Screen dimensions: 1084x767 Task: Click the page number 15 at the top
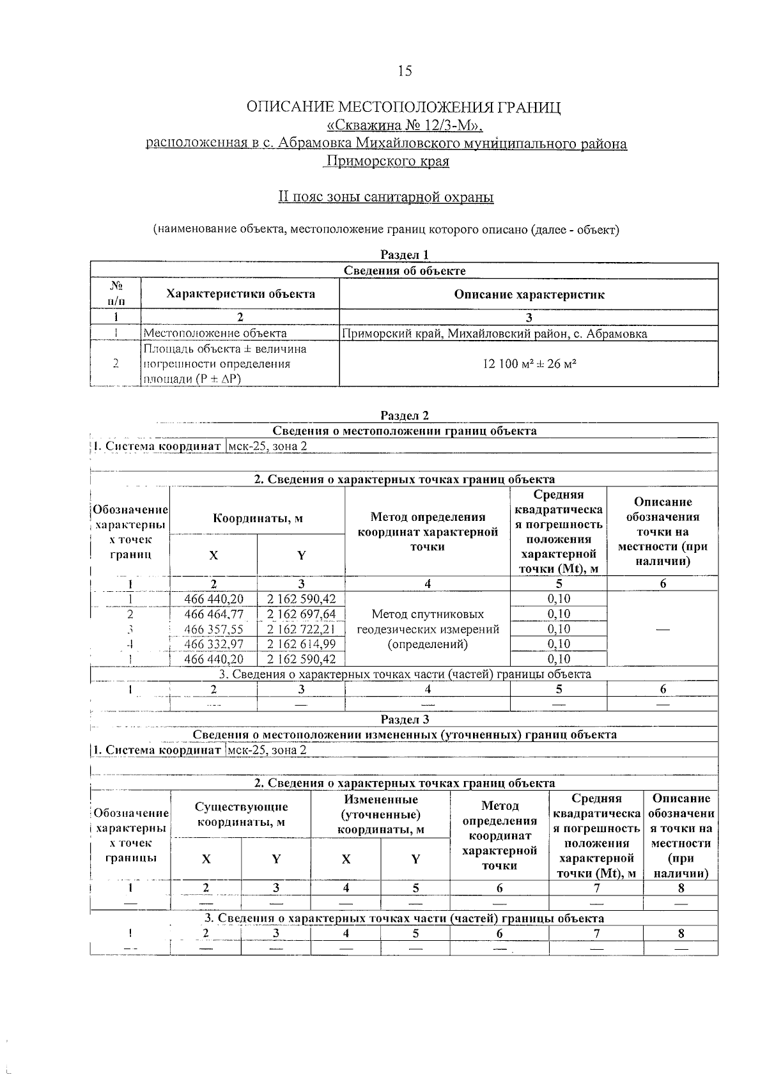click(x=405, y=71)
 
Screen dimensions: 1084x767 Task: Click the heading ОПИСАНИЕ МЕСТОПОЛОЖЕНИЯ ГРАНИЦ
click(x=404, y=107)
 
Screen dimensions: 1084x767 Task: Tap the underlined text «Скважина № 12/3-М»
click(x=404, y=125)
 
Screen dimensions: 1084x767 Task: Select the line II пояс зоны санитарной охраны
click(x=386, y=197)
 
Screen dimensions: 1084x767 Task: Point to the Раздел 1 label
click(x=404, y=254)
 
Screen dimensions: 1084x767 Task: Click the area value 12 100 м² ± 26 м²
click(x=529, y=364)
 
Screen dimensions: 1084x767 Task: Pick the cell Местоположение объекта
click(x=215, y=333)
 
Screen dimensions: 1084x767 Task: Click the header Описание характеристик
click(x=529, y=295)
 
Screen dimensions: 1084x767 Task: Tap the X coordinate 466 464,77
click(x=213, y=614)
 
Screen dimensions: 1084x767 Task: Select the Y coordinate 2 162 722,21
click(x=301, y=629)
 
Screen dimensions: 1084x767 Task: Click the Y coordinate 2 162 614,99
click(x=301, y=644)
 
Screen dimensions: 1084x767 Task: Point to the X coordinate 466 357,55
click(x=213, y=629)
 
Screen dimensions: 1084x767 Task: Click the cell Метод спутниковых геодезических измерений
click(x=428, y=629)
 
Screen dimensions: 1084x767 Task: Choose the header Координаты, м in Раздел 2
click(x=258, y=518)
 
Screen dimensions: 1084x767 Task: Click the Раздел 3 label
click(x=404, y=720)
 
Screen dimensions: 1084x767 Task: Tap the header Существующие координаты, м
click(x=241, y=814)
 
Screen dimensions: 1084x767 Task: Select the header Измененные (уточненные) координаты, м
click(x=380, y=814)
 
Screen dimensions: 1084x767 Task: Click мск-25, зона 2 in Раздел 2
click(x=268, y=446)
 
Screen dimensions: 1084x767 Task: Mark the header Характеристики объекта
click(x=240, y=294)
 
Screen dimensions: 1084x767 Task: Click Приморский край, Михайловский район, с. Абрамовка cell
click(x=494, y=333)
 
